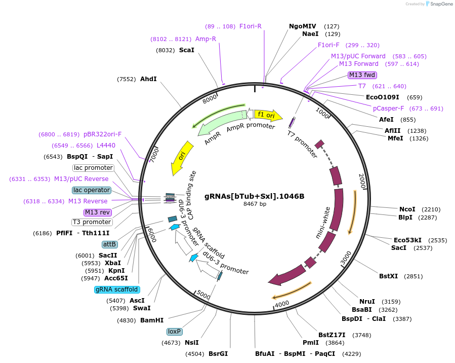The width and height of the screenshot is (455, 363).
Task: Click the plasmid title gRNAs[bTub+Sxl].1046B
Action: (254, 196)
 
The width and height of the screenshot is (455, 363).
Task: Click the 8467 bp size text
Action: (255, 204)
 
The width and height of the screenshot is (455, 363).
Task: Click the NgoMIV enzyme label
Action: (302, 26)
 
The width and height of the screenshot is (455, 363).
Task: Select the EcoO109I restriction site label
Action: (382, 97)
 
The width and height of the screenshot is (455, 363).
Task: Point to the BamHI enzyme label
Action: (152, 320)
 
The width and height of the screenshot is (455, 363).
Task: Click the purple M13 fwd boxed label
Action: (362, 75)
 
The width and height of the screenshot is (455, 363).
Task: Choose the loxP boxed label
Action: (174, 332)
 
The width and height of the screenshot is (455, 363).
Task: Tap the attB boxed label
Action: (109, 244)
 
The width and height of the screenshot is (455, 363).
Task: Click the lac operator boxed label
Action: (92, 190)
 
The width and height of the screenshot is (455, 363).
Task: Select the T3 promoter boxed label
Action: (92, 222)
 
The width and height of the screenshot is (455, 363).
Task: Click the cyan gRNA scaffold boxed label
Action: (116, 289)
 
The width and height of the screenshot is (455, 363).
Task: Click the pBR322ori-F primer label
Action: (103, 134)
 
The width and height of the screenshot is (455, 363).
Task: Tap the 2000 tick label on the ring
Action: (362, 181)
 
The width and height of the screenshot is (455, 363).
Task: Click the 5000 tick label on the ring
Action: (203, 295)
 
